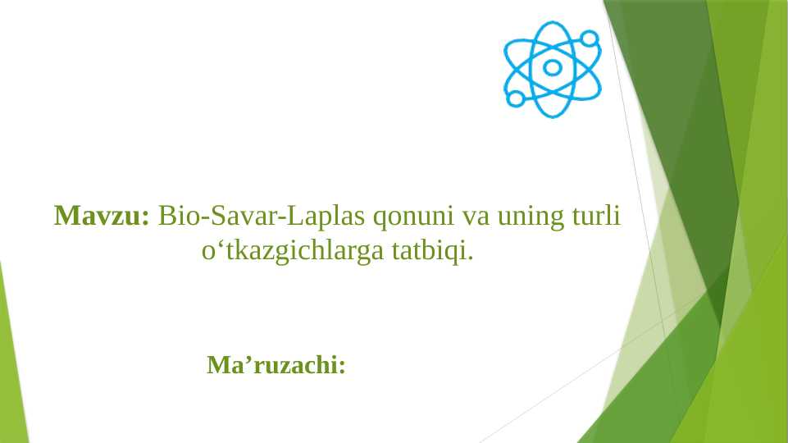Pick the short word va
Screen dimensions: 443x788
click(x=476, y=217)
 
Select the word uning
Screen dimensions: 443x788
click(x=528, y=217)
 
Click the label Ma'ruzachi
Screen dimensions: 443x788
click(x=276, y=364)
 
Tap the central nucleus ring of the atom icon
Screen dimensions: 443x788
click(x=553, y=68)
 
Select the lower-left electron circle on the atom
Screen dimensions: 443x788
click(x=516, y=98)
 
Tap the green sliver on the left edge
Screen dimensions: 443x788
click(x=11, y=361)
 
